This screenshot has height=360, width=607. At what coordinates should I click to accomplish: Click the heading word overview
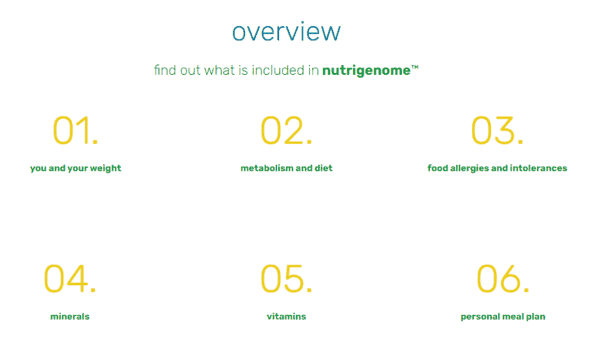(286, 32)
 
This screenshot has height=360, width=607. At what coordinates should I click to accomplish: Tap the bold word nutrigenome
(366, 71)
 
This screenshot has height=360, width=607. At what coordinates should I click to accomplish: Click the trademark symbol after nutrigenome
(415, 68)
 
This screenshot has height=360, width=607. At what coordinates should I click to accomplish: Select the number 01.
(76, 131)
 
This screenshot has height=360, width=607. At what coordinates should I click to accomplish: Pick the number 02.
(286, 131)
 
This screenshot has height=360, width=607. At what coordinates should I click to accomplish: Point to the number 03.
(497, 131)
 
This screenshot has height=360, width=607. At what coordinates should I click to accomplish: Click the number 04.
(70, 279)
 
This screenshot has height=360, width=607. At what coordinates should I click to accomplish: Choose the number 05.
(286, 279)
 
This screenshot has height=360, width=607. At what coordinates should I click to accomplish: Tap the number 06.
(503, 279)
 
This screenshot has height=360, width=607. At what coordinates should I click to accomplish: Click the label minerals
(70, 317)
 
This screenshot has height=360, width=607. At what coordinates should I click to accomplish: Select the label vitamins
(286, 317)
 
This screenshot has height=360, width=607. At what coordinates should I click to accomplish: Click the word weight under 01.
(106, 169)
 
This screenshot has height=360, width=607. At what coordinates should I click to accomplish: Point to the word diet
(323, 168)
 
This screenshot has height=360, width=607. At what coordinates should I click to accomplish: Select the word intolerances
(539, 168)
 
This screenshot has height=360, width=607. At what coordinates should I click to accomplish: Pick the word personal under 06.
(478, 317)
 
